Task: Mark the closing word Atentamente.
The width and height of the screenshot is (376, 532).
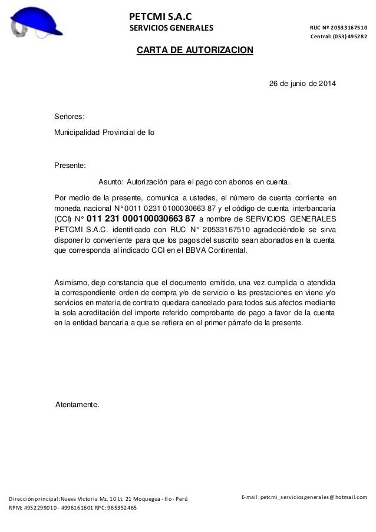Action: [x=77, y=405]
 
